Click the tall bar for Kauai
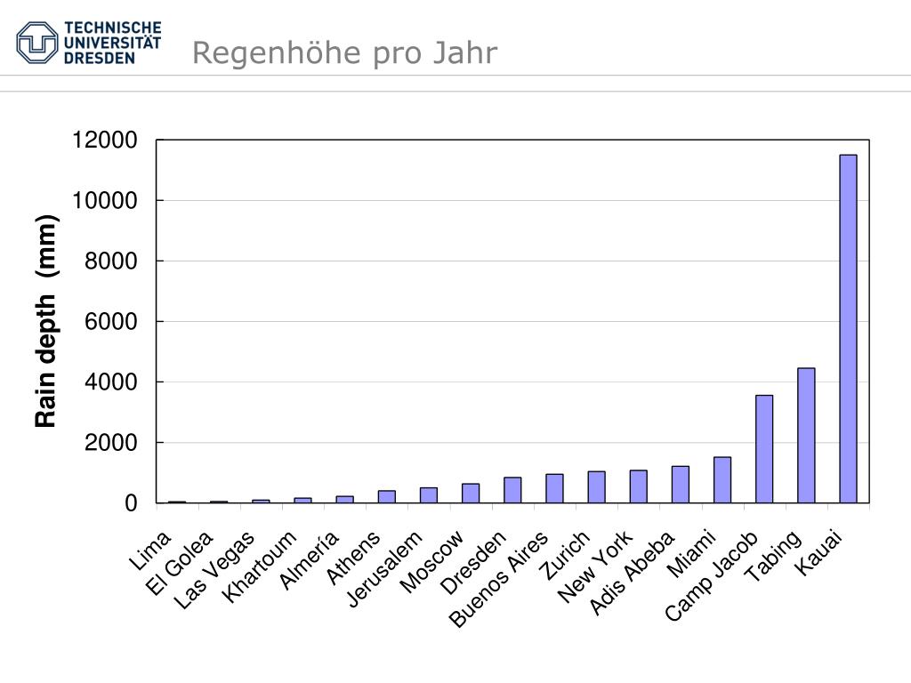[848, 329]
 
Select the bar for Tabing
[806, 436]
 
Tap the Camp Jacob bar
[764, 449]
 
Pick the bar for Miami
[722, 480]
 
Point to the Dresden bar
[512, 490]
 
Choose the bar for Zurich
[596, 487]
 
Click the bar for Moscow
[471, 494]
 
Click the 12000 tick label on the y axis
[105, 141]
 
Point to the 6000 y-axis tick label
[111, 322]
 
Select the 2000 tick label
[111, 443]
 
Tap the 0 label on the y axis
[132, 503]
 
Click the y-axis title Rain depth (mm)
[46, 321]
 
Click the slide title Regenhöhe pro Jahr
[344, 53]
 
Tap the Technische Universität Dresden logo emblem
[37, 42]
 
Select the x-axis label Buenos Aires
[500, 579]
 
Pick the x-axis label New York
[596, 566]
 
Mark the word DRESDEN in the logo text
[99, 58]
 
